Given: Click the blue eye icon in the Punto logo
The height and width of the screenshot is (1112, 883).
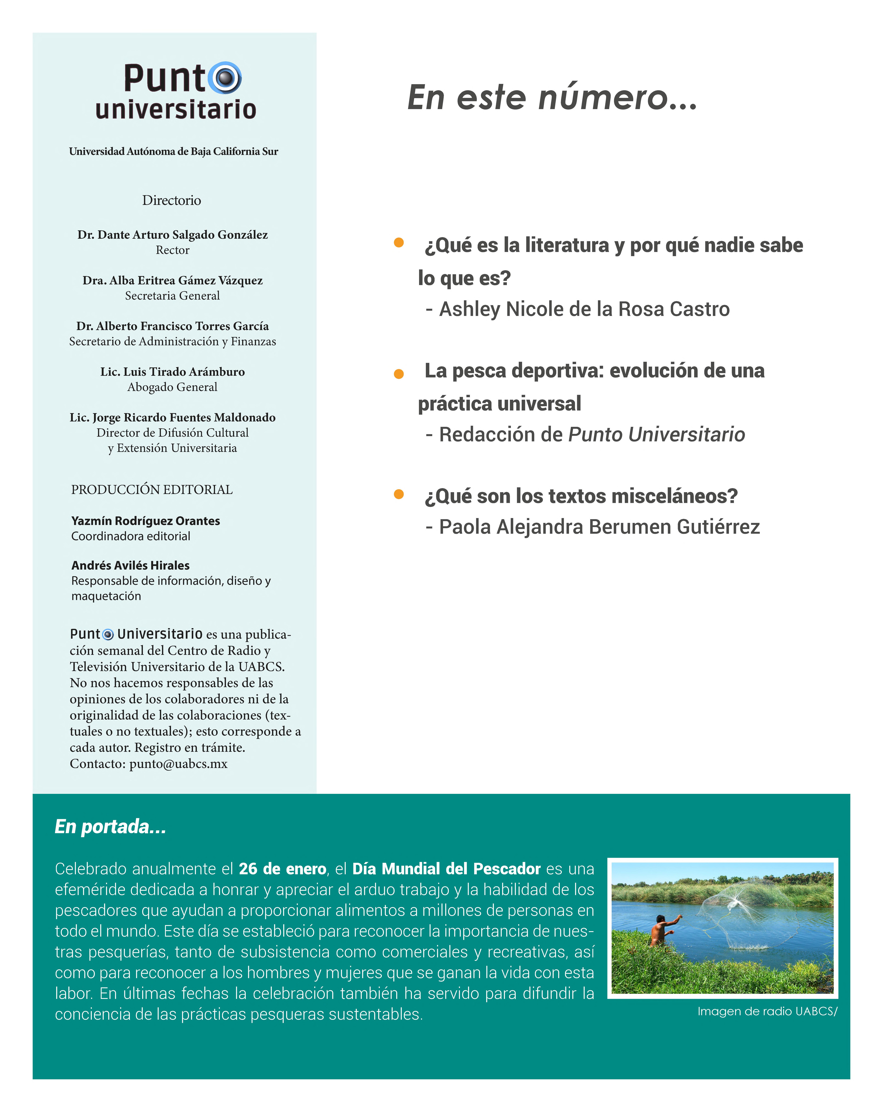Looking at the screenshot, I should [x=225, y=78].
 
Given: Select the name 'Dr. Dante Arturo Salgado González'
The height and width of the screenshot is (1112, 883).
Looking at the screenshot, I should [x=172, y=235].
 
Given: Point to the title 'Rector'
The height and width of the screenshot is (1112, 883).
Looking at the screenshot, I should [x=172, y=250].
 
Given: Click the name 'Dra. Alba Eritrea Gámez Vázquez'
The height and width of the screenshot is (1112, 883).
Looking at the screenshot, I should [x=172, y=281].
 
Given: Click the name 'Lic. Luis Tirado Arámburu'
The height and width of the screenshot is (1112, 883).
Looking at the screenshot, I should [x=172, y=372].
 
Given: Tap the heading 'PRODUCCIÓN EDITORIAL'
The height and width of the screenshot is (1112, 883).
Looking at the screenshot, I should [x=152, y=489].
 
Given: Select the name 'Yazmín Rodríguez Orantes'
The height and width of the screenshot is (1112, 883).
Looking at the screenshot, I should [x=146, y=521].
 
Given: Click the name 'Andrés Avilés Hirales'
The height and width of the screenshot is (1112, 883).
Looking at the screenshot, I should [x=131, y=565].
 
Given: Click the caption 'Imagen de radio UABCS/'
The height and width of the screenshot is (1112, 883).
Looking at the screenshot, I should [x=767, y=1011].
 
